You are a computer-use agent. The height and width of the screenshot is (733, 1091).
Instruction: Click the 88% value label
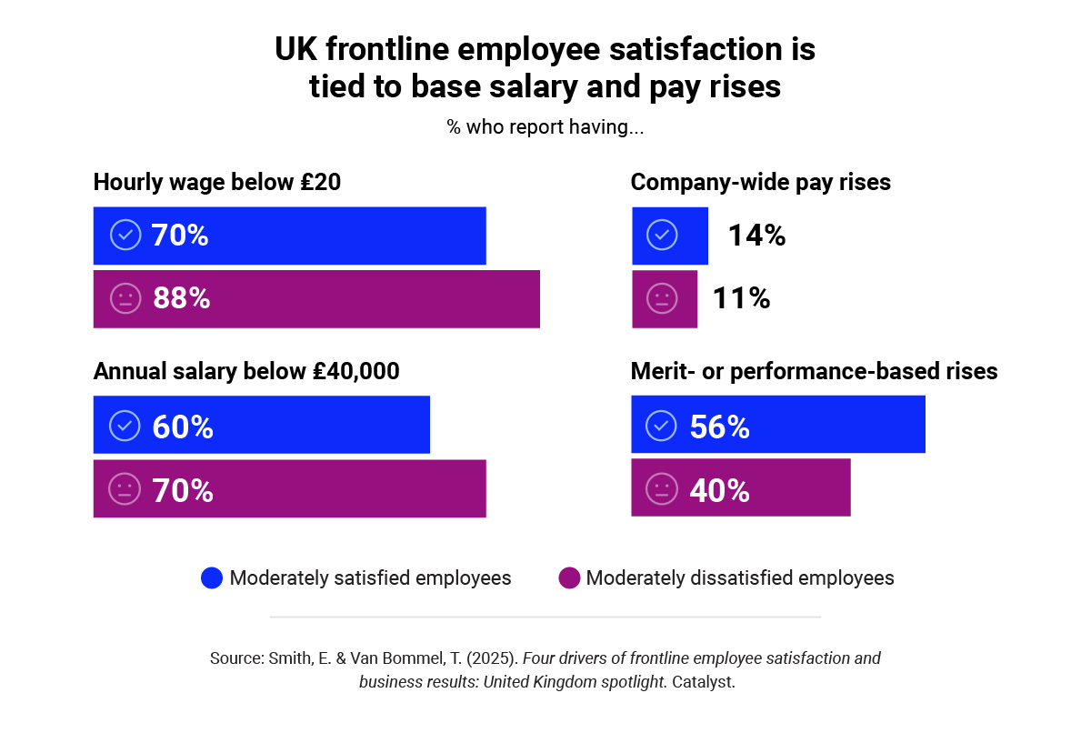(181, 298)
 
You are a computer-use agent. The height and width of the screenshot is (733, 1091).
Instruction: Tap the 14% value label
(756, 236)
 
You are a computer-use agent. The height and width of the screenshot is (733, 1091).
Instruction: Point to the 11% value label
(741, 298)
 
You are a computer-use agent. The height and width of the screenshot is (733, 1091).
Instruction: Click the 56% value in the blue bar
(719, 426)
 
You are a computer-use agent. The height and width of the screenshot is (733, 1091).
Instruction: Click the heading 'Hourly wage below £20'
(217, 182)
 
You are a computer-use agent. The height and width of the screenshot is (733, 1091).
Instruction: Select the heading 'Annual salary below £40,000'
(246, 372)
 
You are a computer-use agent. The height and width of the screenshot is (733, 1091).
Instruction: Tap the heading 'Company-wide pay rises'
(760, 182)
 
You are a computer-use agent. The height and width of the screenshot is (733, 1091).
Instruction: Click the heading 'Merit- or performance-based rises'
(814, 372)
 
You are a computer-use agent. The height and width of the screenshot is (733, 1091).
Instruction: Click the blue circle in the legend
(212, 578)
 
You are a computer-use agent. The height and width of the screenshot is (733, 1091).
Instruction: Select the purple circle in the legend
(568, 578)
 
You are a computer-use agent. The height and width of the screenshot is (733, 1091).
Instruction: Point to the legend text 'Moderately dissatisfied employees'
(740, 578)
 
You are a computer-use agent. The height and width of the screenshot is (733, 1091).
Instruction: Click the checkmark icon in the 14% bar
(661, 236)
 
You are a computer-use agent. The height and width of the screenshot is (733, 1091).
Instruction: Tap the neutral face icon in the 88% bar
(125, 298)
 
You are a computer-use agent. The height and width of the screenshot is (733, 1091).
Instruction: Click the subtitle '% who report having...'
(545, 127)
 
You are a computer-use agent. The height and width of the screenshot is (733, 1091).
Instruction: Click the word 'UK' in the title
(295, 50)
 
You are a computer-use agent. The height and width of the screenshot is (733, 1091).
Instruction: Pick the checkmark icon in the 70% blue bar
(125, 236)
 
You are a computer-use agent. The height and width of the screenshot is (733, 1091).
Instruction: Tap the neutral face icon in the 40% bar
(661, 489)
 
